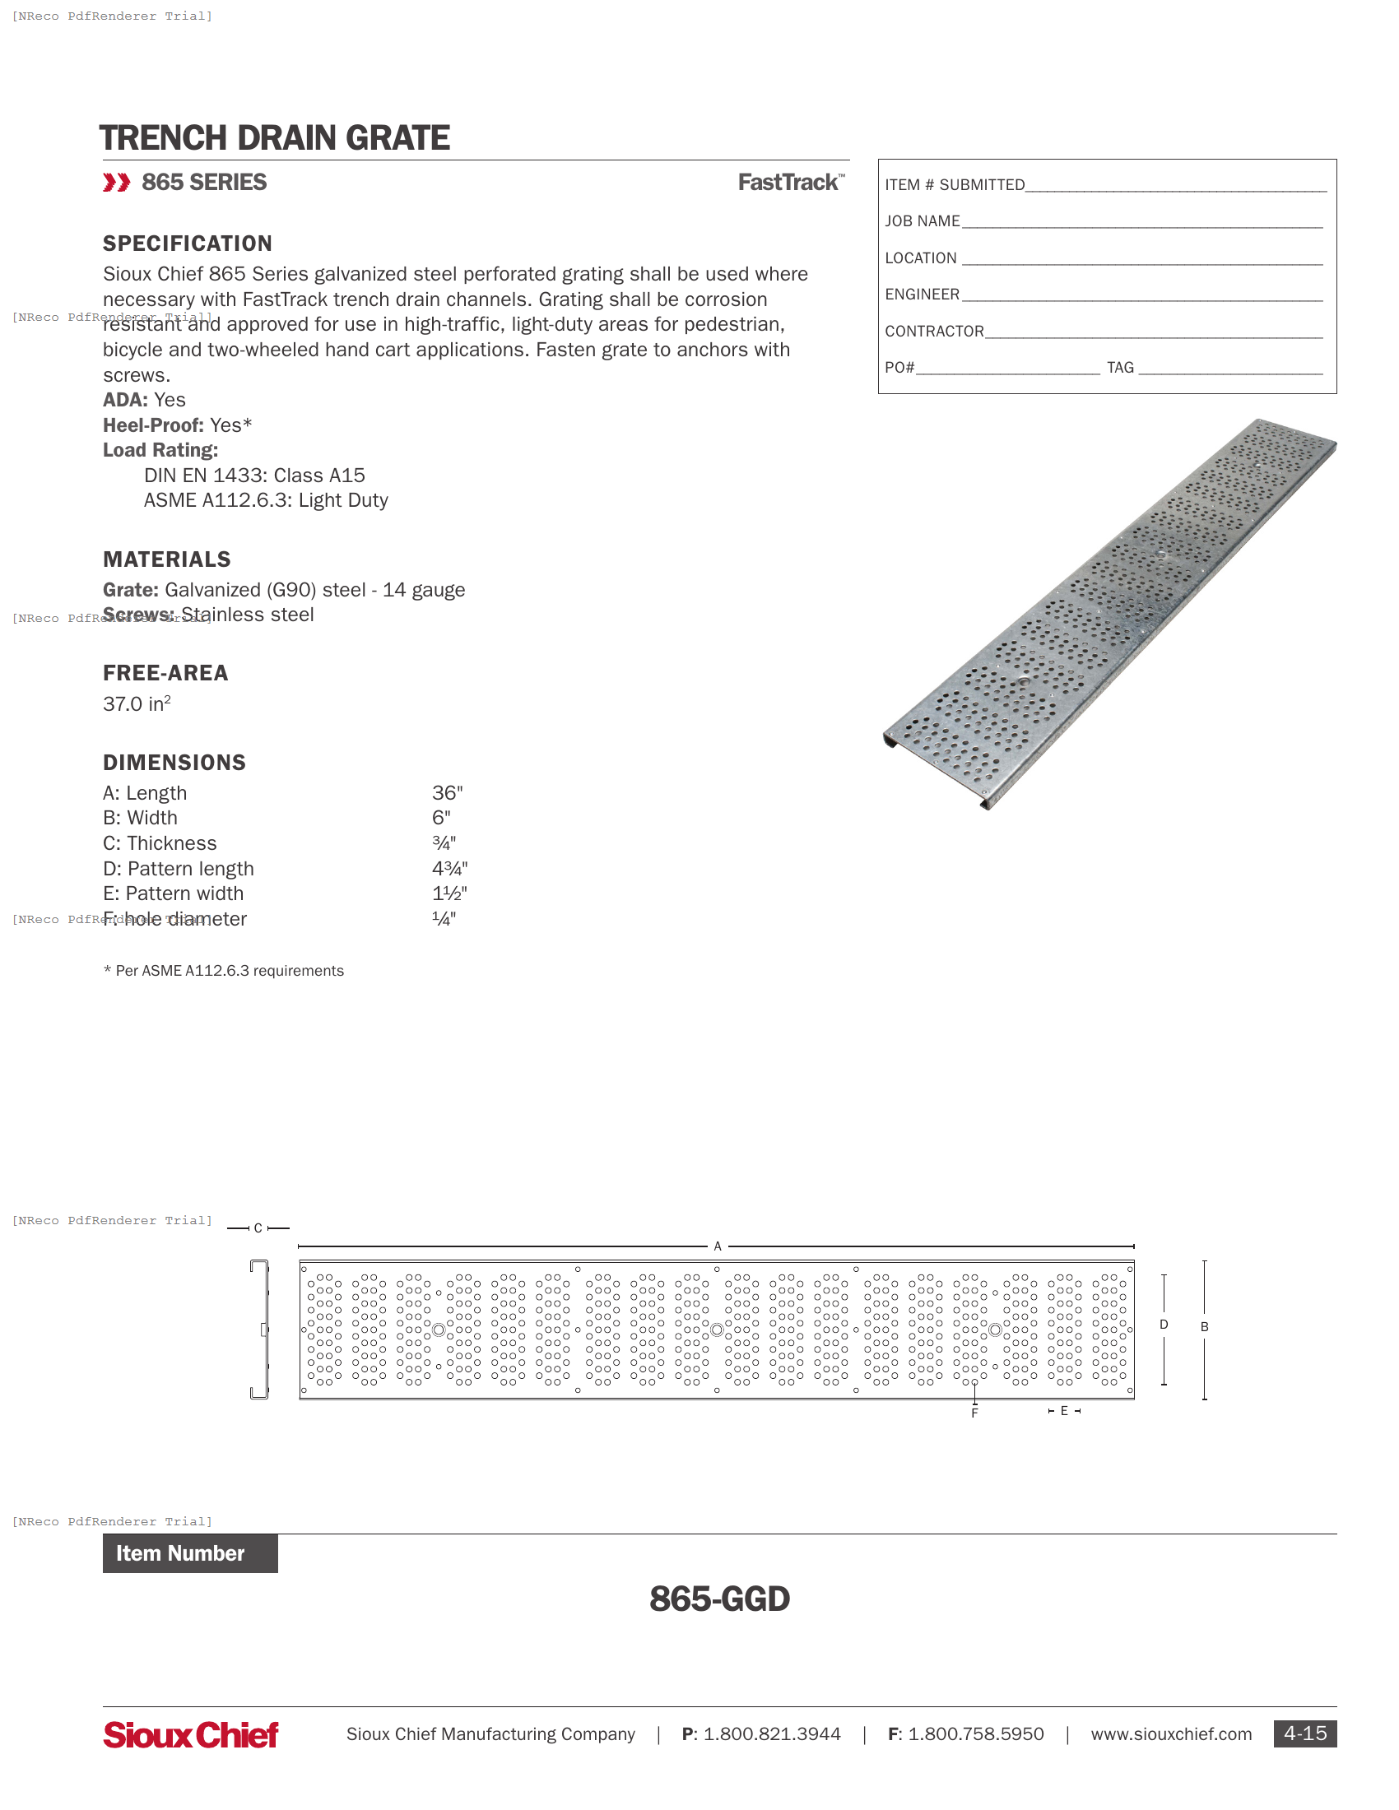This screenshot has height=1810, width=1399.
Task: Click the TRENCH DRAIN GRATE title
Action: [x=274, y=137]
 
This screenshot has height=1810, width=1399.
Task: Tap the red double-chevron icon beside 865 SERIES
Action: [x=116, y=183]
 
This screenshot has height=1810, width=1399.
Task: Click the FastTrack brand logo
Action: [x=791, y=183]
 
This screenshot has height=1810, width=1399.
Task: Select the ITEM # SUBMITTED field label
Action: [x=954, y=185]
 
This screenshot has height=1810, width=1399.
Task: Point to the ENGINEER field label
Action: [x=922, y=295]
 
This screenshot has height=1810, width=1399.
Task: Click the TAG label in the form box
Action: [x=1120, y=367]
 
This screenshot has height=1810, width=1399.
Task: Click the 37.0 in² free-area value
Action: [x=137, y=703]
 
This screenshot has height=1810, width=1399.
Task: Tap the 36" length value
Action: [x=447, y=793]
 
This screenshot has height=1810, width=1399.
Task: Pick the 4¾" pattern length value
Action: [x=449, y=869]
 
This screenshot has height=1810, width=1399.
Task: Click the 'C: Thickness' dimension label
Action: [x=160, y=843]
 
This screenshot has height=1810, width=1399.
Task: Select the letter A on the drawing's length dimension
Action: [x=718, y=1246]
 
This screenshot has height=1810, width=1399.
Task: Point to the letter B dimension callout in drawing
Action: [x=1204, y=1327]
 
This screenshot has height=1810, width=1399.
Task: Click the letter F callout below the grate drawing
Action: [x=974, y=1413]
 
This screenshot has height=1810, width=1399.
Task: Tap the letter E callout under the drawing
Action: [x=1064, y=1410]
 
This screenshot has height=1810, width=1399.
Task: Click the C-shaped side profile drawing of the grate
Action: [x=259, y=1330]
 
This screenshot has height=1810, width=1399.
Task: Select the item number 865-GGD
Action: [x=719, y=1599]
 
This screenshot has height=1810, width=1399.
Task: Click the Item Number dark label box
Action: [x=190, y=1553]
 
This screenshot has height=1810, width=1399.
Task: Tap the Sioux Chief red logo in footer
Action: [x=191, y=1734]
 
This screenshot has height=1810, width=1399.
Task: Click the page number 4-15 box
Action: [x=1304, y=1733]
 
